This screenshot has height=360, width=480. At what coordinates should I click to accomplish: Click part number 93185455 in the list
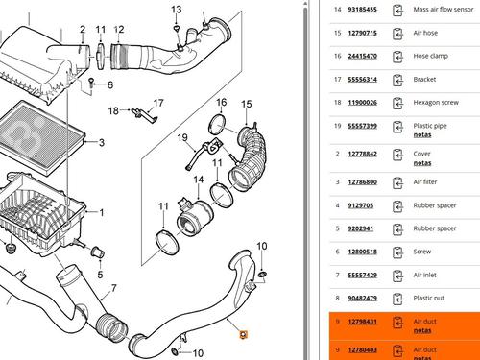click(362, 10)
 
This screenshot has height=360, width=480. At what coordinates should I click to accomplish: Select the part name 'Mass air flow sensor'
click(444, 10)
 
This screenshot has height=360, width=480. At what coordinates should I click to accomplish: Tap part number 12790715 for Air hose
click(362, 33)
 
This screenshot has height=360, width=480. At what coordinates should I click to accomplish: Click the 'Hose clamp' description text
click(430, 56)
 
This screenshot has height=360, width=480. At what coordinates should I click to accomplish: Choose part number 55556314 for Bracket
click(362, 80)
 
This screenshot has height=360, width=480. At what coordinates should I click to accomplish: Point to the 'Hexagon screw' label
click(436, 103)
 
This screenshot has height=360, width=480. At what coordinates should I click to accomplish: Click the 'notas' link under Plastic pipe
click(422, 135)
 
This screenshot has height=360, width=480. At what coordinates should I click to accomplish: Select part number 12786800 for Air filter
click(362, 182)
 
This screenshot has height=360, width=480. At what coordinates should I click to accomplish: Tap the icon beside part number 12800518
click(397, 252)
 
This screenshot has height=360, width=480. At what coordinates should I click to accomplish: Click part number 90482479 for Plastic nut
click(362, 299)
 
